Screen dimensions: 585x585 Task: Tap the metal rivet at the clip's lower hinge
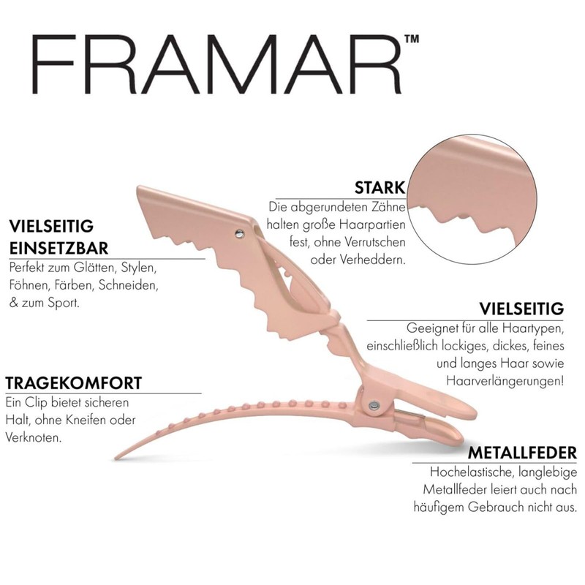point(373,404)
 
